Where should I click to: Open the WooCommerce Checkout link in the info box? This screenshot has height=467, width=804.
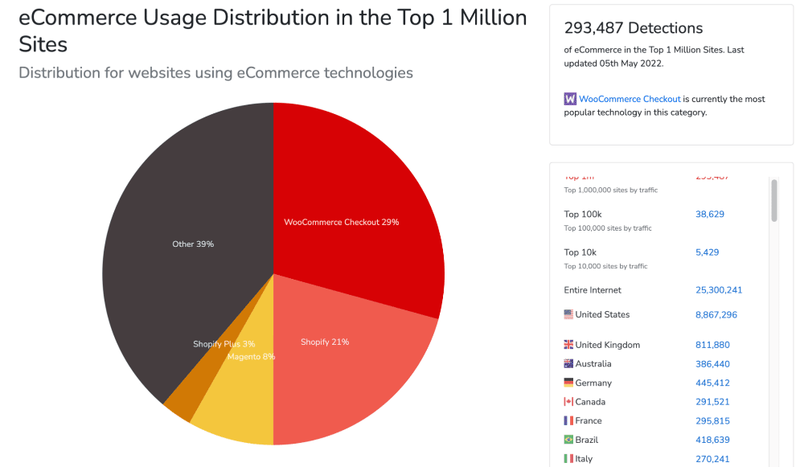pyautogui.click(x=630, y=99)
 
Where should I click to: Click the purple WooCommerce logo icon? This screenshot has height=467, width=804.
pyautogui.click(x=570, y=99)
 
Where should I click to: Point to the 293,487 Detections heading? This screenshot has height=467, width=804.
pyautogui.click(x=633, y=28)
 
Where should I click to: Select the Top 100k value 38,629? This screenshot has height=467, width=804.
pyautogui.click(x=710, y=214)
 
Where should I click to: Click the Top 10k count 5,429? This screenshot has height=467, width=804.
pyautogui.click(x=707, y=252)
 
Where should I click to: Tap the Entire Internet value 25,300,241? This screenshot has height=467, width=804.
pyautogui.click(x=718, y=290)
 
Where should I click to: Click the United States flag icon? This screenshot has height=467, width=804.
pyautogui.click(x=568, y=314)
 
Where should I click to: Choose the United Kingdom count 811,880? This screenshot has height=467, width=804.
pyautogui.click(x=712, y=345)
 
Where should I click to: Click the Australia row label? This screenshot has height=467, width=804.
pyautogui.click(x=593, y=364)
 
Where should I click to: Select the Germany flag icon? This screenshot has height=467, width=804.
pyautogui.click(x=568, y=383)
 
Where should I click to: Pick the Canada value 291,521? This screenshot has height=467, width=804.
pyautogui.click(x=712, y=402)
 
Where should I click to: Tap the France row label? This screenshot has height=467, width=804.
pyautogui.click(x=589, y=421)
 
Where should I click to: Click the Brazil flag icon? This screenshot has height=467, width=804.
pyautogui.click(x=568, y=440)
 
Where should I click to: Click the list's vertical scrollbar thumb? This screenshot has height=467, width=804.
pyautogui.click(x=774, y=200)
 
